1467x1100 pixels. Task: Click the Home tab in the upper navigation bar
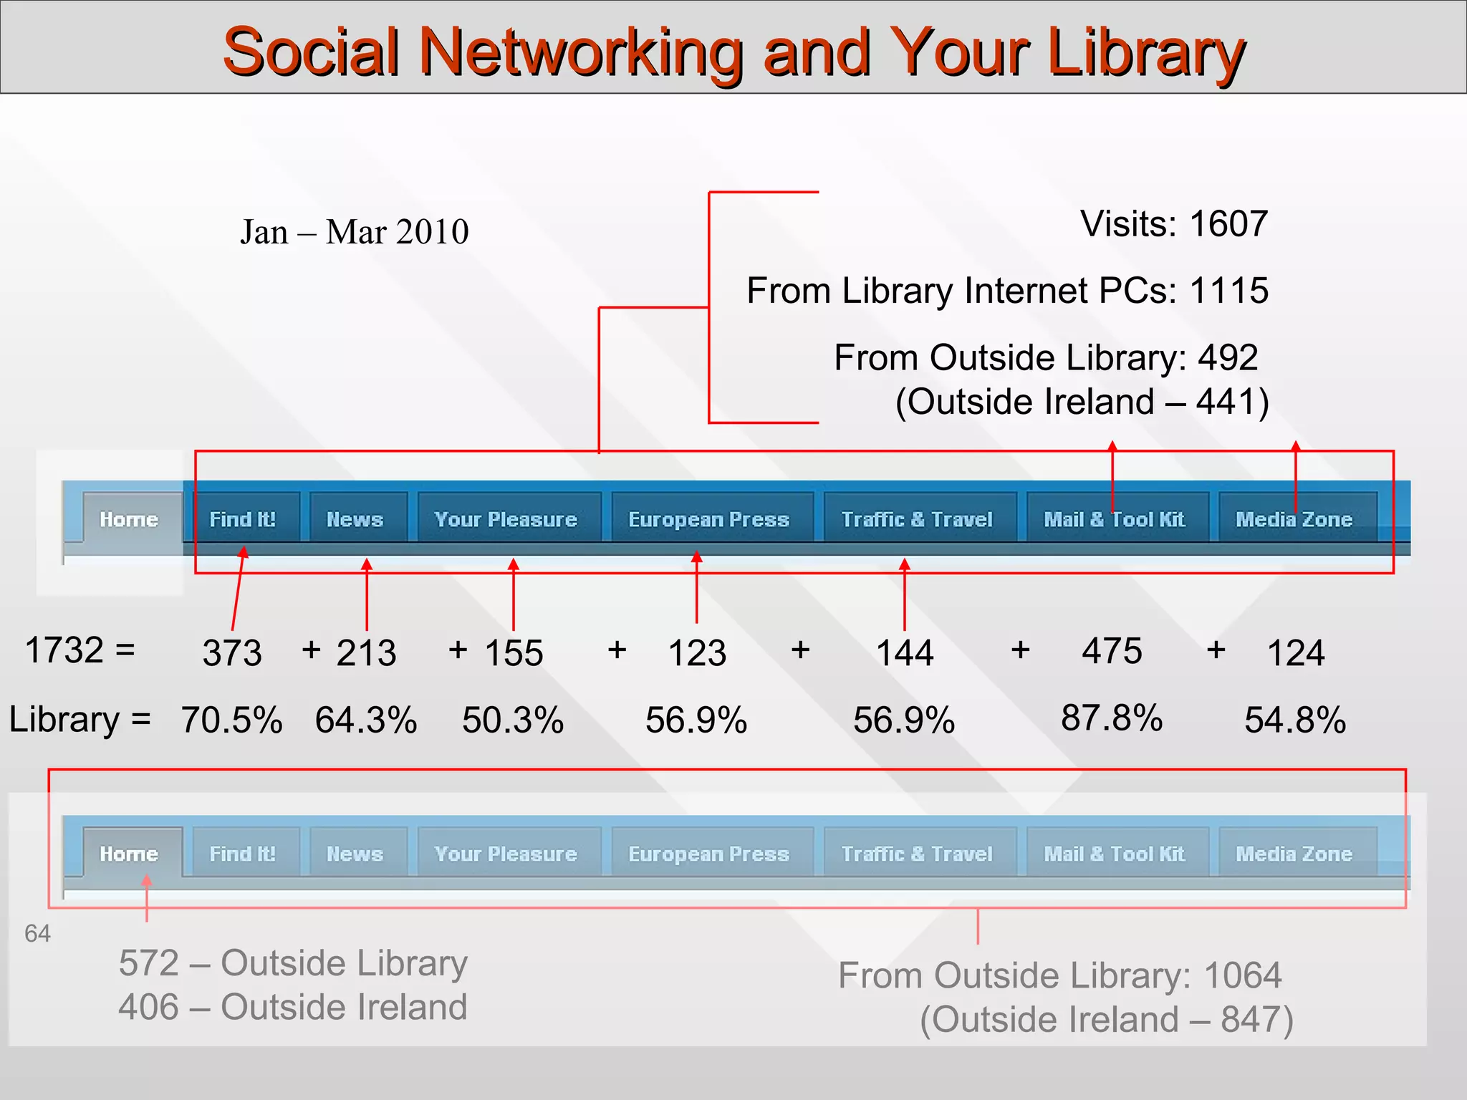pyautogui.click(x=129, y=519)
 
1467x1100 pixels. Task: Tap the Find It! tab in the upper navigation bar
pyautogui.click(x=242, y=519)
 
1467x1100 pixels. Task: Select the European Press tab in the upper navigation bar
pyautogui.click(x=708, y=519)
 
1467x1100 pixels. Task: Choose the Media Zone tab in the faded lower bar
pyautogui.click(x=1294, y=854)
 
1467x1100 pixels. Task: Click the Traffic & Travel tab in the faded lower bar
pyautogui.click(x=917, y=854)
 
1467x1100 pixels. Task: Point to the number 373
pyautogui.click(x=232, y=653)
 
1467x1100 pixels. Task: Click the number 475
pyautogui.click(x=1112, y=651)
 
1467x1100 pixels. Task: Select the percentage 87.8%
pyautogui.click(x=1112, y=718)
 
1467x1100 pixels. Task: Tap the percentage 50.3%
pyautogui.click(x=513, y=720)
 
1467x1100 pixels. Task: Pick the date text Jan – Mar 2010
pyautogui.click(x=355, y=232)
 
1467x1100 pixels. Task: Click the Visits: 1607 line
pyautogui.click(x=1174, y=224)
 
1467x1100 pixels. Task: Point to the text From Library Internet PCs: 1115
pyautogui.click(x=1007, y=291)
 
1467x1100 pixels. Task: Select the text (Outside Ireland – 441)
pyautogui.click(x=1082, y=402)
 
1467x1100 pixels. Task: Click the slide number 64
pyautogui.click(x=37, y=934)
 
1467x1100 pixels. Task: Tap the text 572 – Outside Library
pyautogui.click(x=293, y=962)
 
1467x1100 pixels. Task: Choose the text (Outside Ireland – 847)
pyautogui.click(x=1107, y=1019)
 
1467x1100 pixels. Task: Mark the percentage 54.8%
pyautogui.click(x=1295, y=720)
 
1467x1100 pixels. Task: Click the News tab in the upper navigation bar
pyautogui.click(x=355, y=519)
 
